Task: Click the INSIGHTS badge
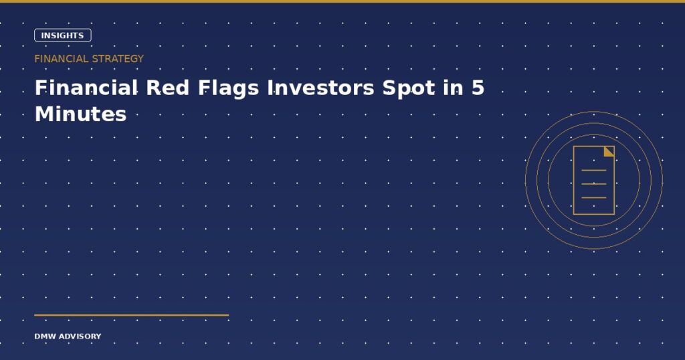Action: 62,35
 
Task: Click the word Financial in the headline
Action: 86,88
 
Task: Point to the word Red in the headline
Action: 167,88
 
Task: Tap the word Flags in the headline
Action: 229,89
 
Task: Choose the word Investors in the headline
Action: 320,88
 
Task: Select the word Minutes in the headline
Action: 80,114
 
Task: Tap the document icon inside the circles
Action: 594,181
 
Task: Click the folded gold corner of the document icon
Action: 610,151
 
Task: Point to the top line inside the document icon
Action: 594,170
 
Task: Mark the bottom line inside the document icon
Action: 594,198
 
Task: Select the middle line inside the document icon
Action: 594,184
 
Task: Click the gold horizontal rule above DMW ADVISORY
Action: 132,314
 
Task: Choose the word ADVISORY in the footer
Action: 80,337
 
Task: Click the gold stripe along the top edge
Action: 342,1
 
